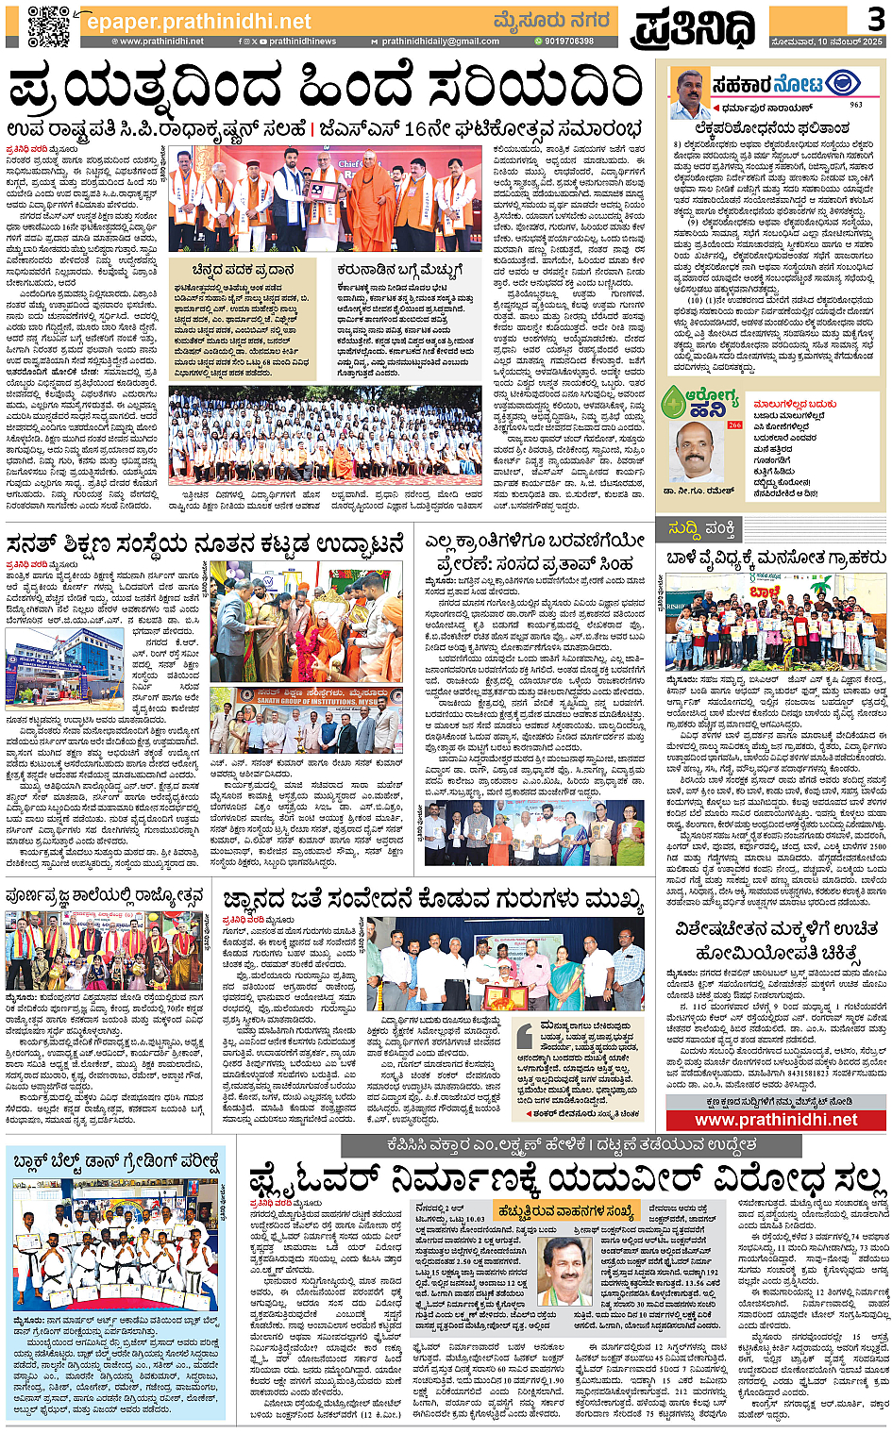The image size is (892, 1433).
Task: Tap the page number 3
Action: coord(875,18)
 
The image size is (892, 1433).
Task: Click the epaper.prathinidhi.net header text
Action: coord(198,21)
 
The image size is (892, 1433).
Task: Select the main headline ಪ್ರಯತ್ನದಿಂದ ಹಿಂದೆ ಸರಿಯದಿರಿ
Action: coord(326,90)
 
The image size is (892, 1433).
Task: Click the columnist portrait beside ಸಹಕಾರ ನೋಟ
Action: coord(689,93)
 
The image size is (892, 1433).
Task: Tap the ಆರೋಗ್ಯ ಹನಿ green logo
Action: coord(699,401)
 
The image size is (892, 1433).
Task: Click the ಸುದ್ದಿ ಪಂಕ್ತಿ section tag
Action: coord(700,528)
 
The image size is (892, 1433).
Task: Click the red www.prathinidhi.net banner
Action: coord(776,1120)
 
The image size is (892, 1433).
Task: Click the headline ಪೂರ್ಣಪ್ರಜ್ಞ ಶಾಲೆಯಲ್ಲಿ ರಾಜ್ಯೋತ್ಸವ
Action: coord(105,895)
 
